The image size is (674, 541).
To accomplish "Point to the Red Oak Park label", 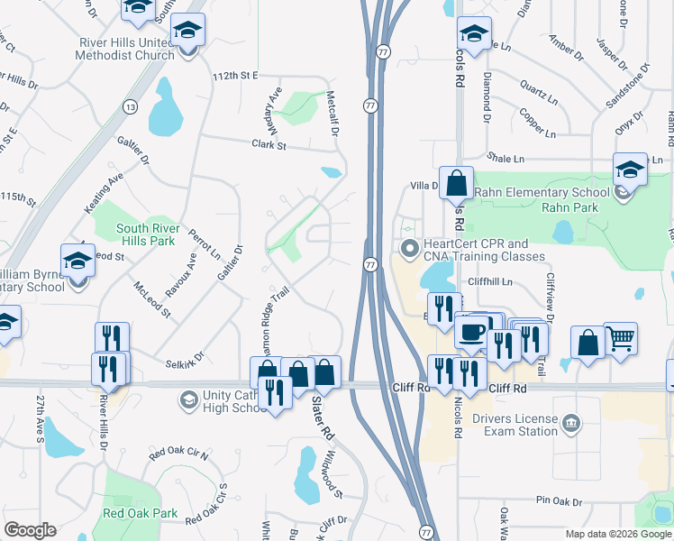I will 140,513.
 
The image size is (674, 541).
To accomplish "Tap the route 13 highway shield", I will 132,107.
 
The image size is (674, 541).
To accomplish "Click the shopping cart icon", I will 620,339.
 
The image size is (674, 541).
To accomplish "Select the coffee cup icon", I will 470,330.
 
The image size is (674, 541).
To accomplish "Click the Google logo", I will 30,530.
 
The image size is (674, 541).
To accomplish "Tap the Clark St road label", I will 269,144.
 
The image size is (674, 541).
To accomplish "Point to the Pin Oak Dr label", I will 560,500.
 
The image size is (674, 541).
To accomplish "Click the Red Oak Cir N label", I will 178,453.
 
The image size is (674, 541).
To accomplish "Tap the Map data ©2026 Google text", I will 617,534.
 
